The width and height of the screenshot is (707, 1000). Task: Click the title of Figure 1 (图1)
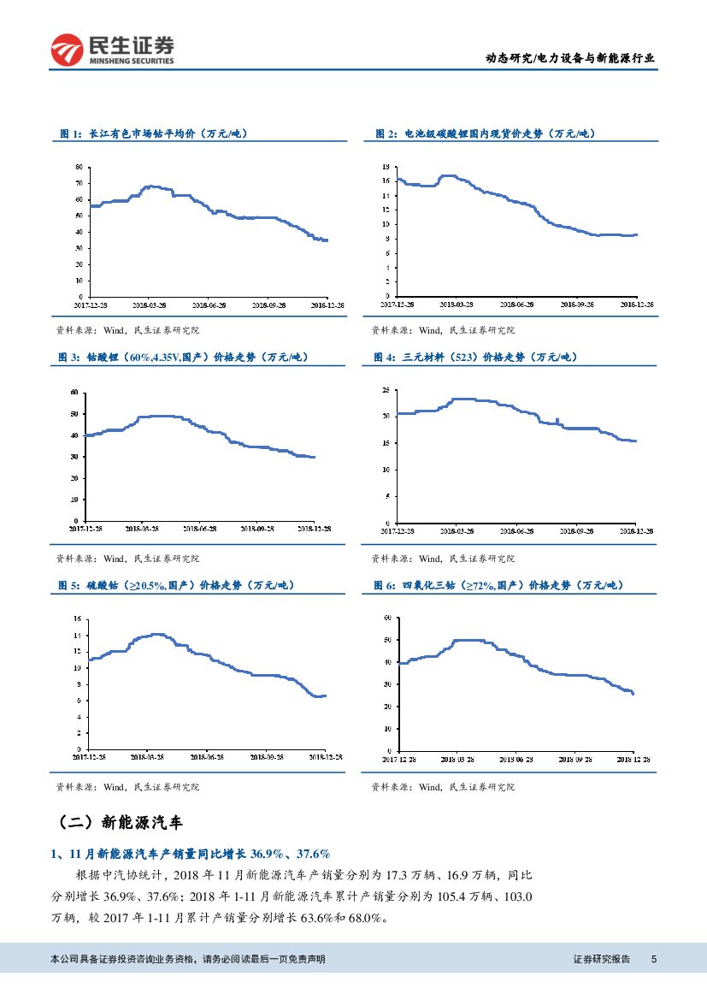(x=154, y=134)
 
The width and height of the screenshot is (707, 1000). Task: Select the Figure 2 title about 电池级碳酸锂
(x=485, y=134)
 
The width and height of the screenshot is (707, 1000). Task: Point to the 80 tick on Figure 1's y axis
(x=80, y=167)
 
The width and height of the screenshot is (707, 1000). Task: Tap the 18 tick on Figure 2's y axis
(x=386, y=167)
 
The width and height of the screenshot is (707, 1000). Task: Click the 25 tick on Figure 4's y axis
(x=386, y=390)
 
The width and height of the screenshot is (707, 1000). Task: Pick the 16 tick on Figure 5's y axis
(x=77, y=618)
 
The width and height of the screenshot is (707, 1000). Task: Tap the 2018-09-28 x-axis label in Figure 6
(x=576, y=759)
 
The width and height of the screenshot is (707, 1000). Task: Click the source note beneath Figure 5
(x=127, y=787)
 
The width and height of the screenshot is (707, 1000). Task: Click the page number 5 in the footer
(x=654, y=960)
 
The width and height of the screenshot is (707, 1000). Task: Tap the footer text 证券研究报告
(x=601, y=960)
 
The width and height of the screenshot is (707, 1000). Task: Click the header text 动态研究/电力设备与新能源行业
(x=570, y=59)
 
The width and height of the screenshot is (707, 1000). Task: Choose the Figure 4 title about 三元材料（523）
(x=474, y=357)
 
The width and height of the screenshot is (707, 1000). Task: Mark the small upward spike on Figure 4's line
(x=557, y=419)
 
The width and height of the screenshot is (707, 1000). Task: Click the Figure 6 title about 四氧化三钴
(x=498, y=585)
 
